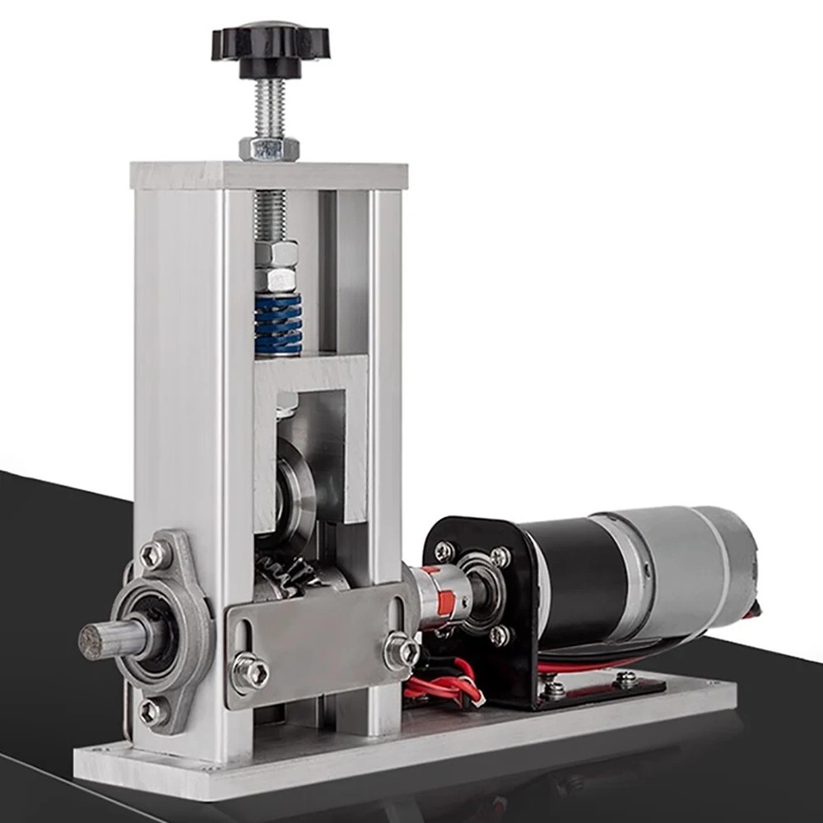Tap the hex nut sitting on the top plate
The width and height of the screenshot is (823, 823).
pyautogui.click(x=269, y=148)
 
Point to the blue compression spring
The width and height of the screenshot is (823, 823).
pyautogui.click(x=277, y=324)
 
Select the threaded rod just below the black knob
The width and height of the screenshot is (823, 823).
pyautogui.click(x=269, y=107)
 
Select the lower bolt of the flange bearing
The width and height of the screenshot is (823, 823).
pyautogui.click(x=152, y=711)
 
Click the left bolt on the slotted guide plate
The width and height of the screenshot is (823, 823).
pyautogui.click(x=250, y=672)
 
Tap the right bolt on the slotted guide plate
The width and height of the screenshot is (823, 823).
pyautogui.click(x=401, y=650)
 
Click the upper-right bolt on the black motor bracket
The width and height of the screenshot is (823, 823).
pyautogui.click(x=499, y=557)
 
